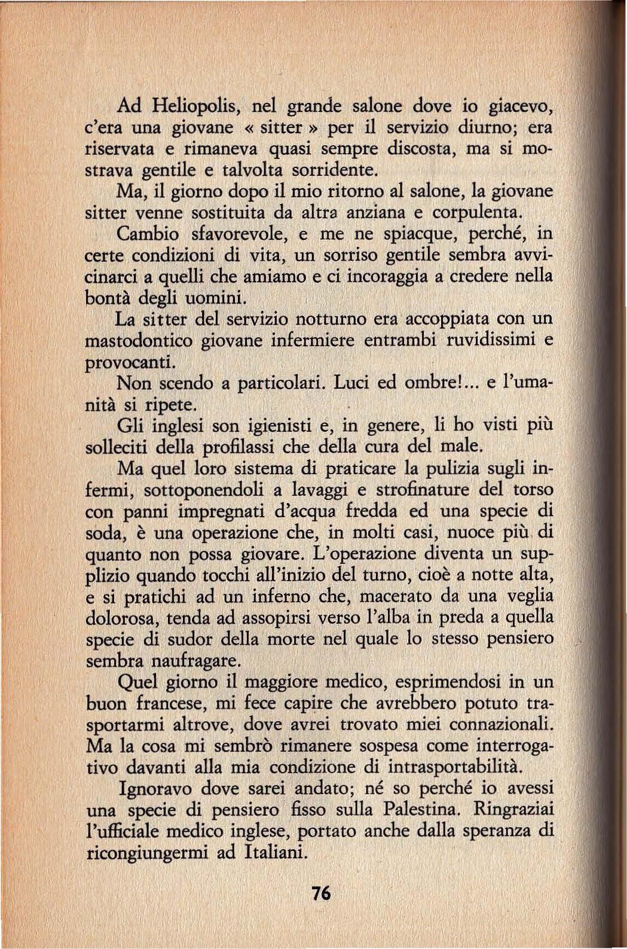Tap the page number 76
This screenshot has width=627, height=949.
320,893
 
